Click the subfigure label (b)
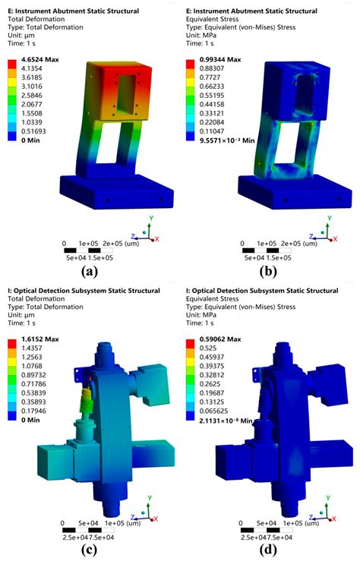coord(270,269)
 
